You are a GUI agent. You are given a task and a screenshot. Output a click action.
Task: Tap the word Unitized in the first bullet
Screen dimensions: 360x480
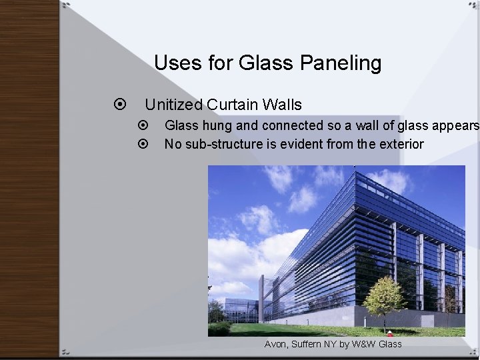173,105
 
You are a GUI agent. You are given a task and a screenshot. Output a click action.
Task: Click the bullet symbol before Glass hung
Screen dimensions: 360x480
142,125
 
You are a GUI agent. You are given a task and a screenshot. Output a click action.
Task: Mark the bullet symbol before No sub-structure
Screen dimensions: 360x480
142,144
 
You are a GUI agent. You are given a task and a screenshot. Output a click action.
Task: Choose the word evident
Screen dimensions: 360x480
294,144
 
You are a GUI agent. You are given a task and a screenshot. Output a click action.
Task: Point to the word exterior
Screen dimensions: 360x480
399,144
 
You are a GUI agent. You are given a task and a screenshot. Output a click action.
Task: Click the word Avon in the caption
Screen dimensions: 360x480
276,344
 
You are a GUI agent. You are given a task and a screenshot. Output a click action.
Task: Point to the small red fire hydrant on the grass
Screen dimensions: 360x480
390,334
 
